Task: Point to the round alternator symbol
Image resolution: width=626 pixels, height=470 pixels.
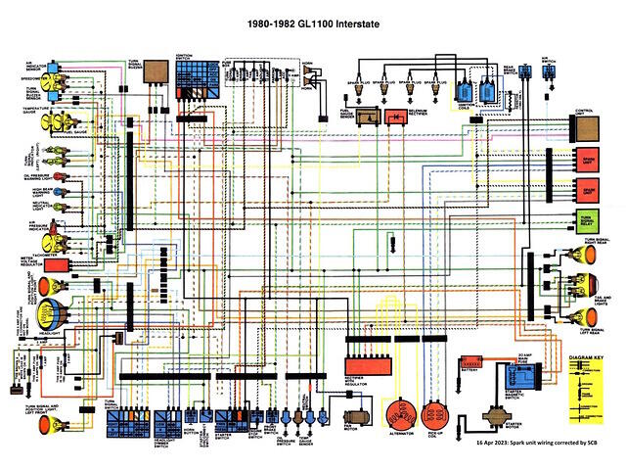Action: pyautogui.click(x=399, y=413)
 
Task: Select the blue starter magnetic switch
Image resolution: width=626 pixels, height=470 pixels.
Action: pyautogui.click(x=515, y=377)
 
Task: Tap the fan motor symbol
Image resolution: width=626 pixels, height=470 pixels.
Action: pyautogui.click(x=353, y=416)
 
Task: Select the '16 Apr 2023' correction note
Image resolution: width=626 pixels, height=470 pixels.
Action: pyautogui.click(x=547, y=444)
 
